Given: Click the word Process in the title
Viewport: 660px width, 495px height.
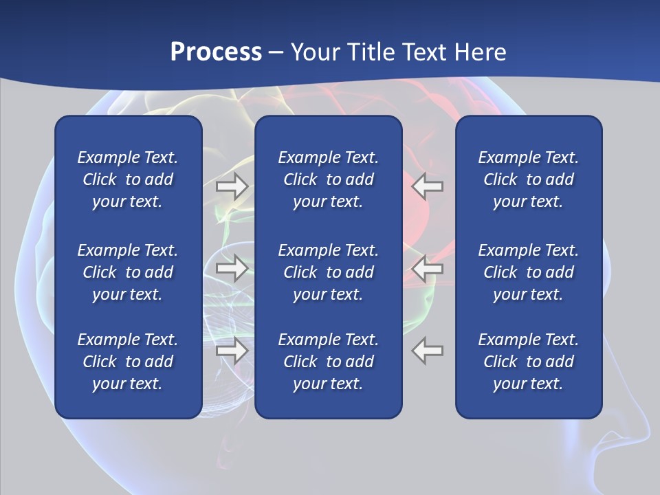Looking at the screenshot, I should coord(216,52).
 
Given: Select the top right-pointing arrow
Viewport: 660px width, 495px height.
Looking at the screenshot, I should coord(232,186).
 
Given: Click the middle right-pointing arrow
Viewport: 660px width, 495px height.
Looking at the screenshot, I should coord(232,268).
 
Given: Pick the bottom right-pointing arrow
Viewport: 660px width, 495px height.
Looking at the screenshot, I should coord(232,351).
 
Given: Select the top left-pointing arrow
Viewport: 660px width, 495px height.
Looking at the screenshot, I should coord(428,186).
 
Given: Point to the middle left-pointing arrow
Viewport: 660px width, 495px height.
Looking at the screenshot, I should coord(428,268).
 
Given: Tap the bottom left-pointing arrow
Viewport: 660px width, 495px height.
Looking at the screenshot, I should coord(428,351).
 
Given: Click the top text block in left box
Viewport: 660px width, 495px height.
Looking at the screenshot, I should coord(128,179).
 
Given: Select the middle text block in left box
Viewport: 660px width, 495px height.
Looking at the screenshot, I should coord(128,272).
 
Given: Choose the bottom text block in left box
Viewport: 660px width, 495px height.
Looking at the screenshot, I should coord(128,362).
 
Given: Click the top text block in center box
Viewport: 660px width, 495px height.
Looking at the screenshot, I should coord(328,179).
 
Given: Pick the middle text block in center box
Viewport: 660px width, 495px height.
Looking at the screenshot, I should coord(328,272).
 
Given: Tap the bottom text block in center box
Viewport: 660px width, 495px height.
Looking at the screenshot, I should coord(328,362).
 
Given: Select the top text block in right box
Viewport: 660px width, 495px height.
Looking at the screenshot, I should coord(528,179).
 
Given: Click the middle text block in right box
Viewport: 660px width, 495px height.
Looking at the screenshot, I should coord(528,272).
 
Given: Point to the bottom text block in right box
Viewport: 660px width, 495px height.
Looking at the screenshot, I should coord(528,362).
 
